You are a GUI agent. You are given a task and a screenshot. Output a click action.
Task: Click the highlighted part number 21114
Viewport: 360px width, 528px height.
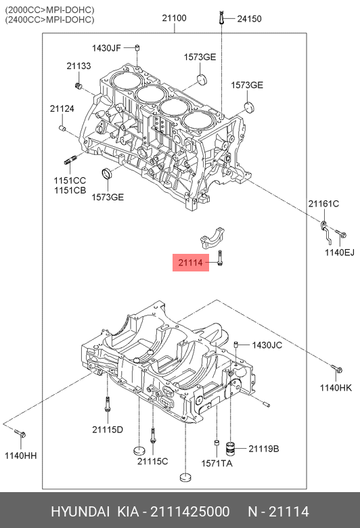(191, 263)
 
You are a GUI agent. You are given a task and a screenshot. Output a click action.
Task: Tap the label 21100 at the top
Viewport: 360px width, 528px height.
(174, 18)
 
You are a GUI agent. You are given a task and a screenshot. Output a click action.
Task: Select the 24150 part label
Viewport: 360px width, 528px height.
(249, 19)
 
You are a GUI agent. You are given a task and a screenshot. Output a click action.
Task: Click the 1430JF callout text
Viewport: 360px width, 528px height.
(106, 48)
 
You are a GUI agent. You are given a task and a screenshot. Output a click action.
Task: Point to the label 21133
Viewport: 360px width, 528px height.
(78, 66)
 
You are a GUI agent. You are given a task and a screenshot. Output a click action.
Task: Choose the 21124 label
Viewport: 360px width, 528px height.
(62, 109)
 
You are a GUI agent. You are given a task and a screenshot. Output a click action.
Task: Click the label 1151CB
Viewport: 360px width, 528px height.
(70, 190)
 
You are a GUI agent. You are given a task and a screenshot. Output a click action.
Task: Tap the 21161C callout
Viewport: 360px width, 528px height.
(323, 204)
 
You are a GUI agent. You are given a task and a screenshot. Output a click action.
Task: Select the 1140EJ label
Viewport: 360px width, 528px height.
(340, 252)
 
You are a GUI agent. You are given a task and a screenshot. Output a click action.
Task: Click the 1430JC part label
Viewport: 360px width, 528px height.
(267, 345)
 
